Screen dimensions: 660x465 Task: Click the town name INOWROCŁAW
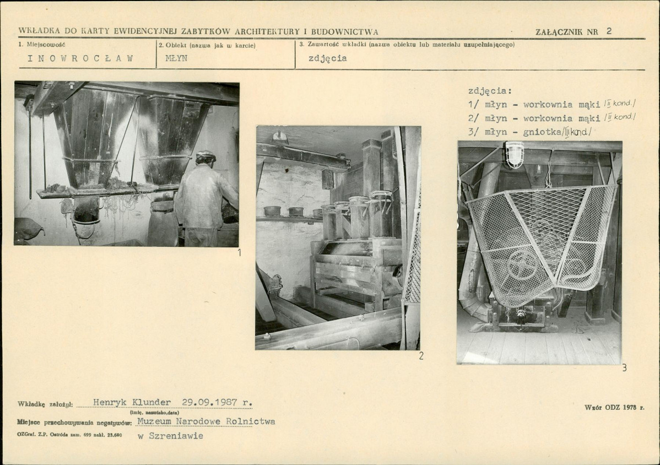pos(80,58)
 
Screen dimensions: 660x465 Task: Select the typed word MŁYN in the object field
pos(176,58)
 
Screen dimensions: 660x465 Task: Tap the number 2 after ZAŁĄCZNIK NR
pos(609,31)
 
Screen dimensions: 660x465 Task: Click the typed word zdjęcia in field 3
pos(327,58)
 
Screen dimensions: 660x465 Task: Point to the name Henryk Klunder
pos(132,402)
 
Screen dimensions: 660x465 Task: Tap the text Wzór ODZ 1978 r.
pos(614,407)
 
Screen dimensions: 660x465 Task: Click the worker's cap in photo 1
pos(206,156)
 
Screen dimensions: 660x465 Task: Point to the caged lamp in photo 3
pos(515,154)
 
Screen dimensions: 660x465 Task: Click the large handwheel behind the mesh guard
pos(522,265)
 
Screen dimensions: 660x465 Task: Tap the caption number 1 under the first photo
pos(240,252)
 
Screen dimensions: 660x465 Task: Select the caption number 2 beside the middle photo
pos(421,356)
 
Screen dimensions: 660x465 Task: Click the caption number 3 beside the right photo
pos(624,368)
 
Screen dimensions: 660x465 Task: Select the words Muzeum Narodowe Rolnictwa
pos(206,421)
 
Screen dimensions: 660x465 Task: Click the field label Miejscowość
pos(46,44)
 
